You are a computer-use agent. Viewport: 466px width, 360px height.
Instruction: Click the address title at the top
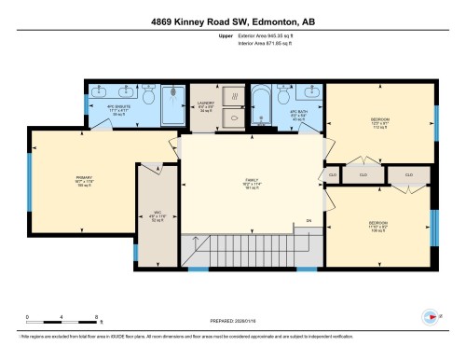[232, 22]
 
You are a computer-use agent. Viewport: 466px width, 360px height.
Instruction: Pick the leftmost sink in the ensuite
[99, 93]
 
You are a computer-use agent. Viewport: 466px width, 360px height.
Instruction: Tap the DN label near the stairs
[308, 221]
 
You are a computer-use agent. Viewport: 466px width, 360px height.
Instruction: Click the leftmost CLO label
[332, 174]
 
